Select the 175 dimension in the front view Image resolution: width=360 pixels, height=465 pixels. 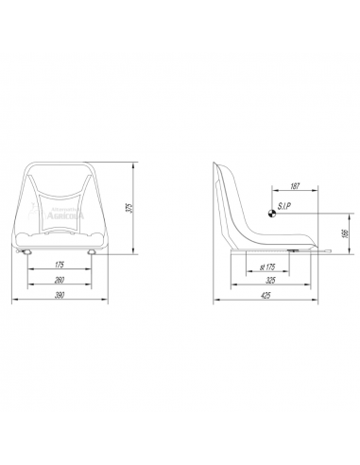pos(60,265)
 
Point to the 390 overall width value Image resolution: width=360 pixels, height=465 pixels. pos(60,296)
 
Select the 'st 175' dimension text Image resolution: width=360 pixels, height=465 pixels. pos(267,267)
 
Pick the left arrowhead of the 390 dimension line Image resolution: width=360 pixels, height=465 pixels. pos(12,301)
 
